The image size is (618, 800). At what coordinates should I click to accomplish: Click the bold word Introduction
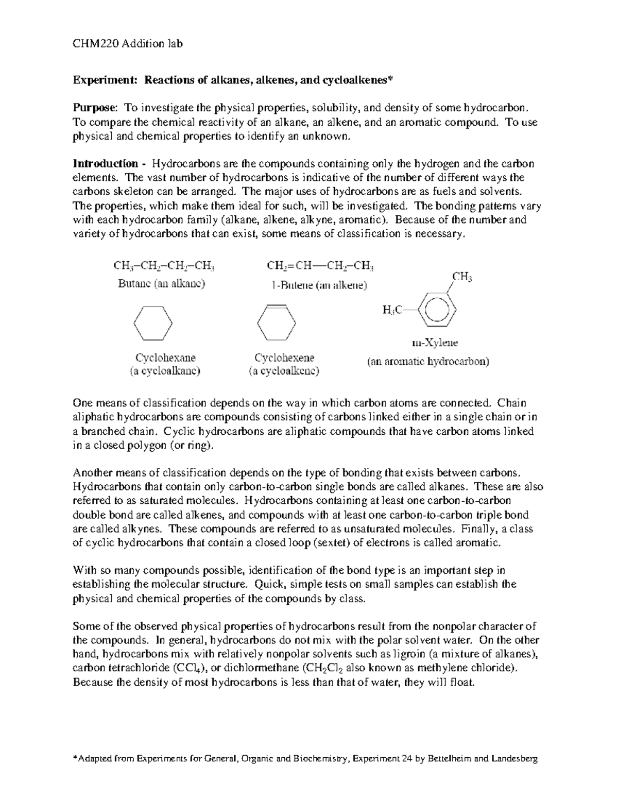(x=105, y=164)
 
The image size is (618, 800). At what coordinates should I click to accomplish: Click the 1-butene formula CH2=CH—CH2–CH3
(x=320, y=266)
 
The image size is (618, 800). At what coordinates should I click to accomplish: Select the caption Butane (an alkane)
(x=161, y=283)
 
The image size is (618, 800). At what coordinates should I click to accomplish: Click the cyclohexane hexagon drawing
(x=153, y=323)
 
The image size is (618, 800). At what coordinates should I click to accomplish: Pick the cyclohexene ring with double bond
(x=277, y=322)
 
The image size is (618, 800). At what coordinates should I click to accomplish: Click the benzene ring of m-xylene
(x=437, y=310)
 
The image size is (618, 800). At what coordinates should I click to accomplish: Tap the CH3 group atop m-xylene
(x=462, y=277)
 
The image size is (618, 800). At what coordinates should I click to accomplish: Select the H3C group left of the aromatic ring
(x=392, y=310)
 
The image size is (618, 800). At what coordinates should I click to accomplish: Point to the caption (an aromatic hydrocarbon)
(x=427, y=362)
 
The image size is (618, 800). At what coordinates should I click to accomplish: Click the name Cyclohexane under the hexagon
(x=165, y=358)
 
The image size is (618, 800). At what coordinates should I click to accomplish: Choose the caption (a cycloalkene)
(x=284, y=371)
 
